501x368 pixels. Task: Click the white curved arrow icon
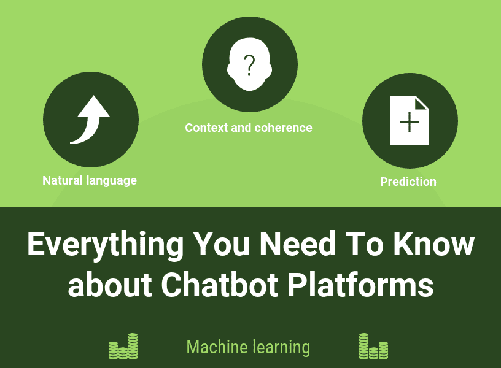90,121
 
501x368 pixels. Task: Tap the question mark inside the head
249,64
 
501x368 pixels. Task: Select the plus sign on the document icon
410,123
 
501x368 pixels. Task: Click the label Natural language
90,180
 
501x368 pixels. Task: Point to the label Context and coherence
249,128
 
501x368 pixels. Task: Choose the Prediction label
408,182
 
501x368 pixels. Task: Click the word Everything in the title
105,245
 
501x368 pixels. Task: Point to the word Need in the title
298,244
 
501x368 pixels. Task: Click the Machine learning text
248,347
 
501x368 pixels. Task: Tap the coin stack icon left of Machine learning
123,347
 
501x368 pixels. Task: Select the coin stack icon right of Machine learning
373,347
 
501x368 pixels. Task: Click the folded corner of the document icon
422,102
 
